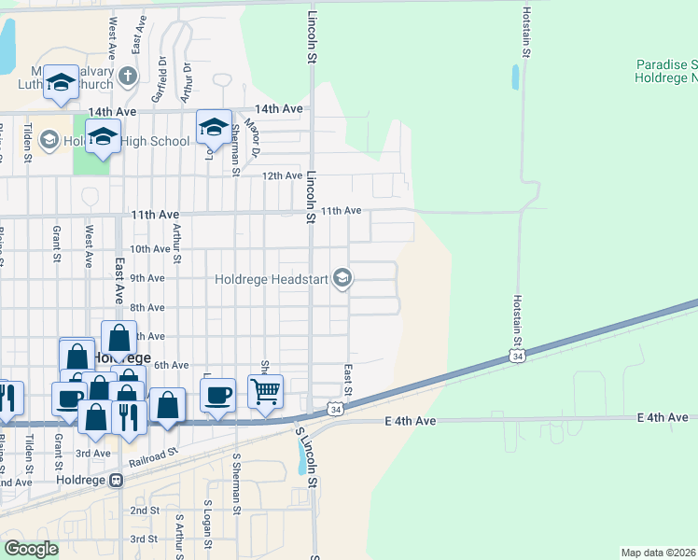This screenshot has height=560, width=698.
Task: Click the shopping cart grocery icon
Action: (x=266, y=391)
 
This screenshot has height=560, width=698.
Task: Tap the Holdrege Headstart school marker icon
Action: (x=342, y=277)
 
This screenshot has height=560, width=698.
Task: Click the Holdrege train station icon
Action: (x=117, y=481)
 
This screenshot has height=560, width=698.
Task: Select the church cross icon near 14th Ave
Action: (x=129, y=76)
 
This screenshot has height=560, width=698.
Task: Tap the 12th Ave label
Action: (x=282, y=175)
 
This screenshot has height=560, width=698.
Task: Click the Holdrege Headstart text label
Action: (x=272, y=278)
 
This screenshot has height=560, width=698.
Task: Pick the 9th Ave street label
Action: (x=147, y=278)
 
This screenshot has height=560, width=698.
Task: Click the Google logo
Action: (x=31, y=549)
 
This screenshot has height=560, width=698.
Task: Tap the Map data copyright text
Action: (x=659, y=553)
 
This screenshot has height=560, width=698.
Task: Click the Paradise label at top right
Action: (x=666, y=64)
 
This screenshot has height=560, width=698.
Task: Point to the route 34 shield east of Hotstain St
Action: (x=517, y=357)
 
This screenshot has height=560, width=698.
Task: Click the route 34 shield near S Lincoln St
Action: (x=335, y=410)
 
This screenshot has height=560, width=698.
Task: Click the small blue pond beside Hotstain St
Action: (x=515, y=77)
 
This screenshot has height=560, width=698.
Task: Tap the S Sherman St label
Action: (x=236, y=483)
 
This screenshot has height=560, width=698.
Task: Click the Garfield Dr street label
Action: (x=161, y=80)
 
